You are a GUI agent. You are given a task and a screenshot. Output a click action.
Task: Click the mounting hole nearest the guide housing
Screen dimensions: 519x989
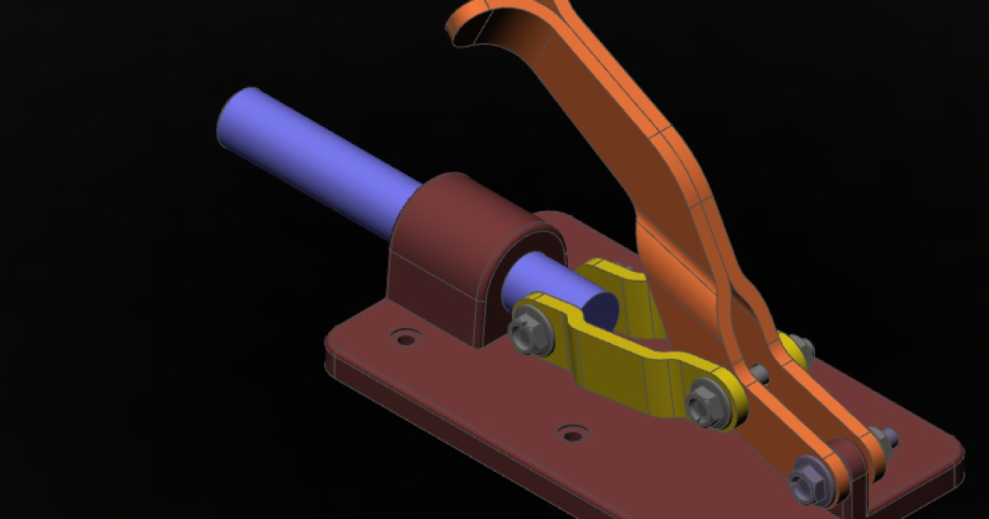tap(404, 338)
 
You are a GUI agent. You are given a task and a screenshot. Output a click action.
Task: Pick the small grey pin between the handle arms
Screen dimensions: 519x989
tap(760, 375)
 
